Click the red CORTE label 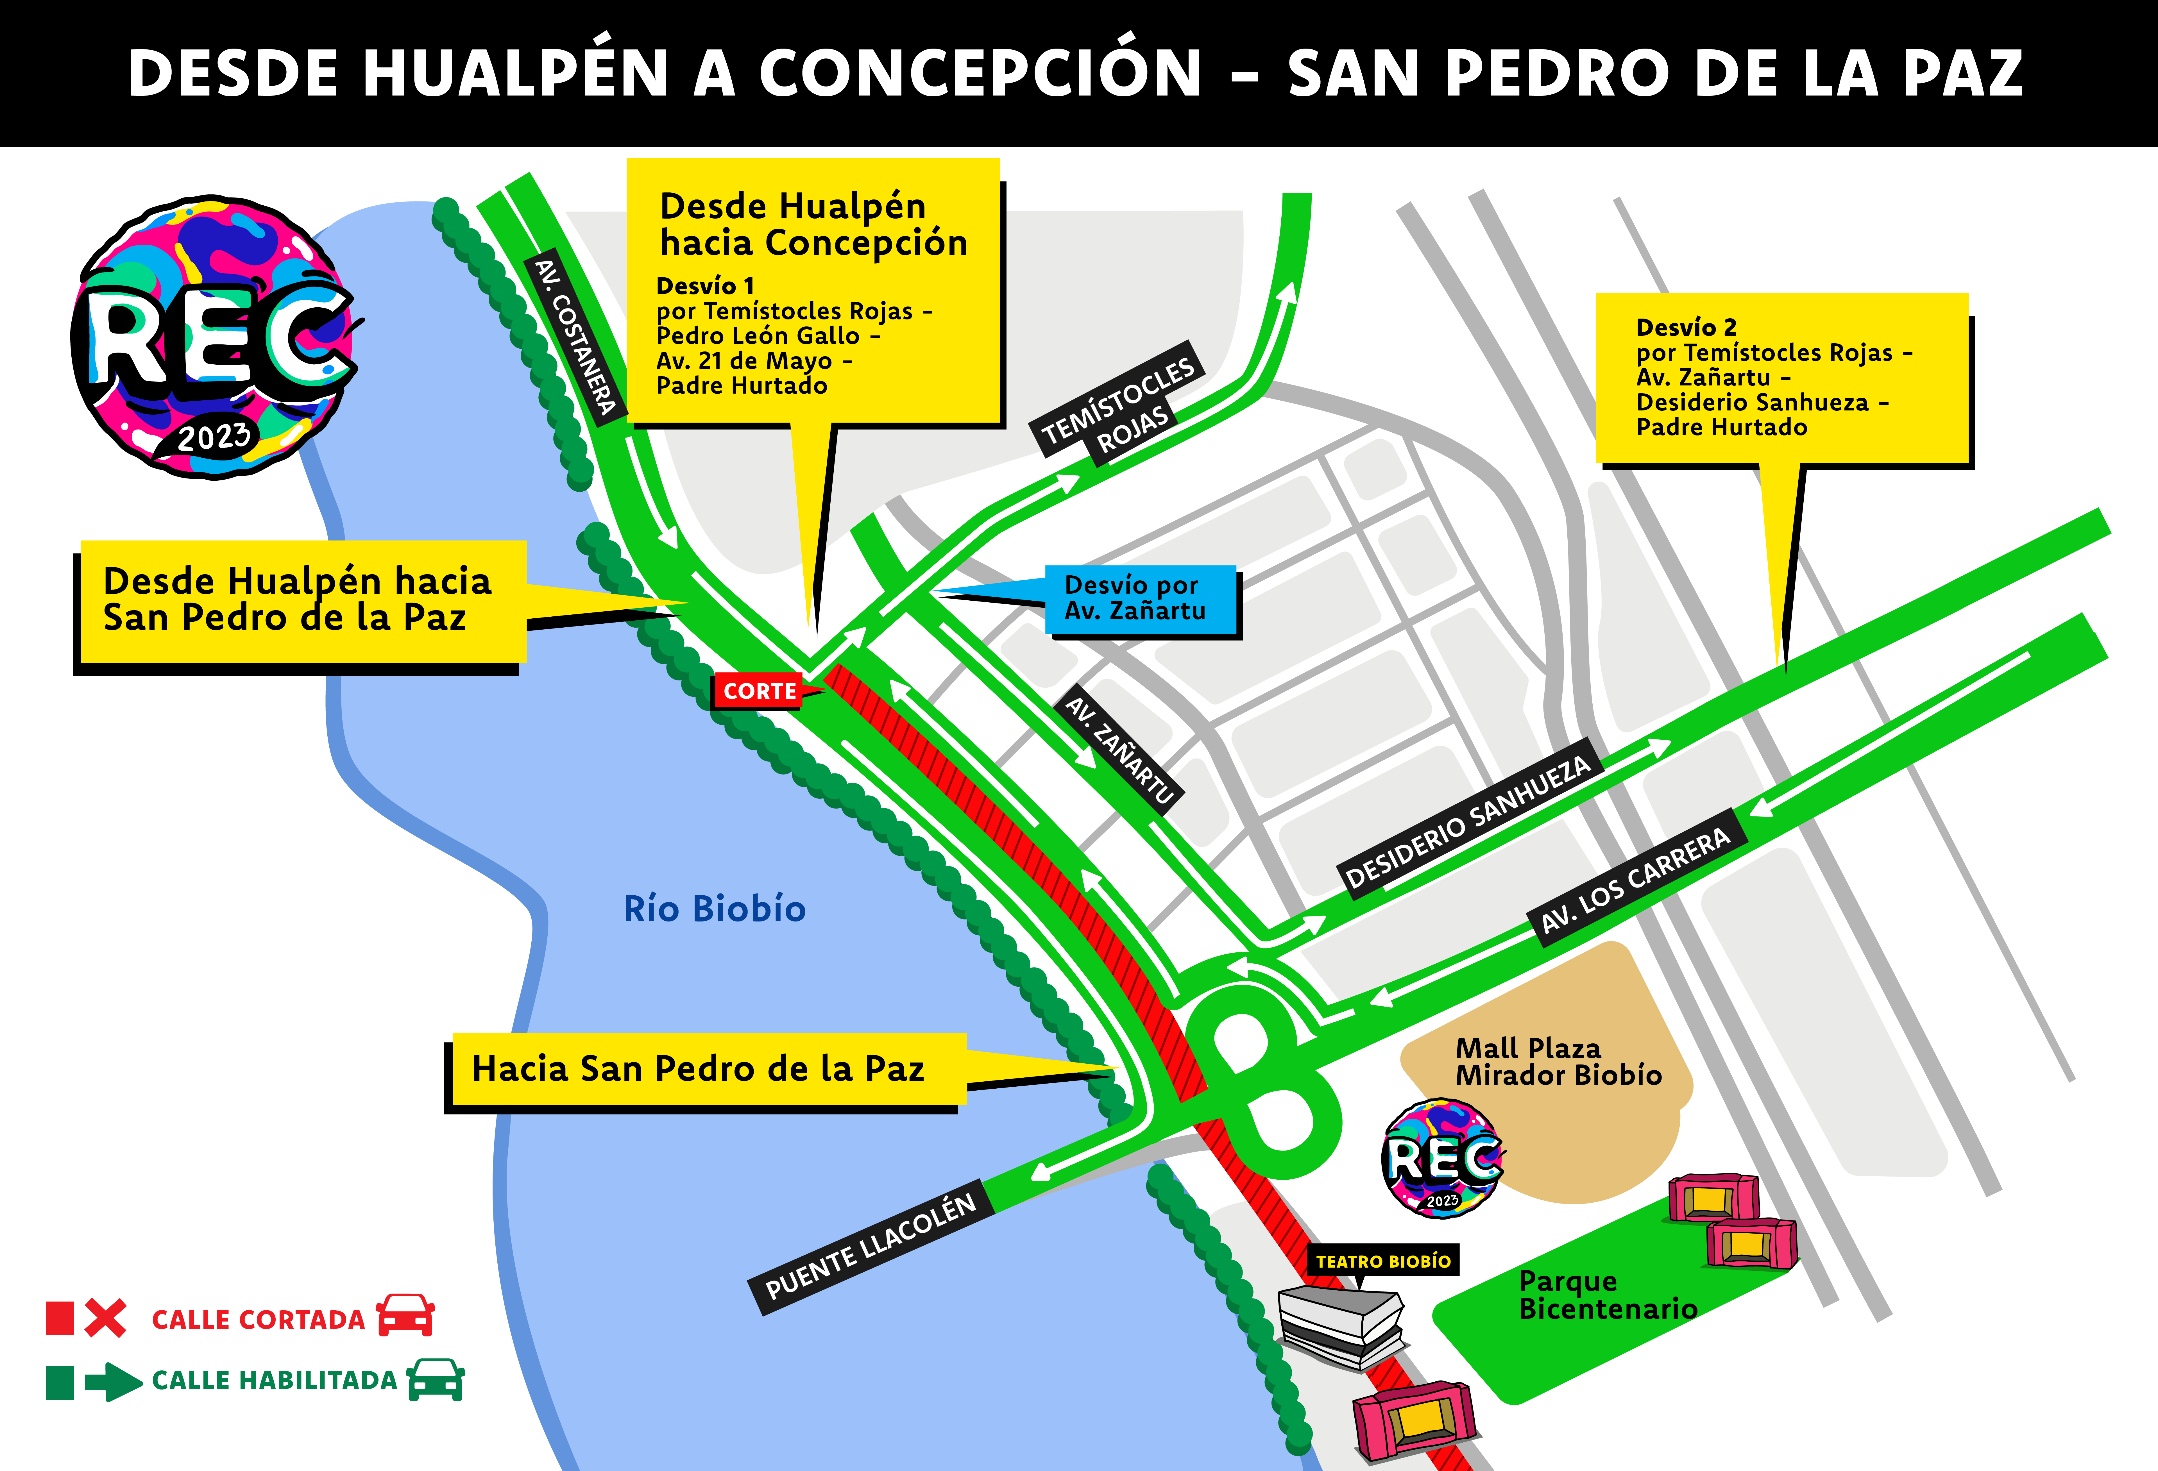point(759,691)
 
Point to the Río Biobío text point(714,908)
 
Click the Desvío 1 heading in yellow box point(705,285)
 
